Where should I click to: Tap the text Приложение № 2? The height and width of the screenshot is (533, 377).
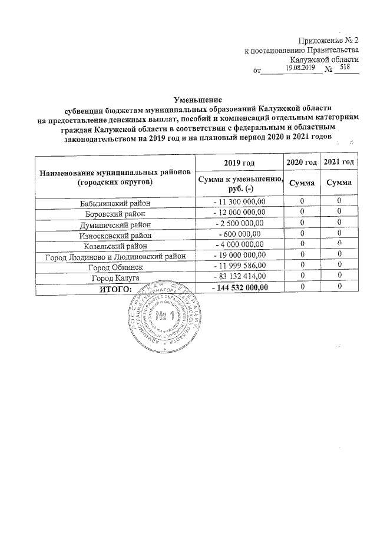click(x=328, y=41)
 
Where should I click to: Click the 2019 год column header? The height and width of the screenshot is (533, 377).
click(x=239, y=162)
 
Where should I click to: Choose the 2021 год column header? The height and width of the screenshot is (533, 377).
click(x=340, y=162)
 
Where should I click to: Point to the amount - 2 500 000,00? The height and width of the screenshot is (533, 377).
click(x=239, y=224)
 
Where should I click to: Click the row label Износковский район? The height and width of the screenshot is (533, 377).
click(x=115, y=234)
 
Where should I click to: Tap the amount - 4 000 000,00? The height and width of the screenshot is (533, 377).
click(x=239, y=245)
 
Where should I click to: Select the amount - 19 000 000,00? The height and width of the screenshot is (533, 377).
click(x=239, y=256)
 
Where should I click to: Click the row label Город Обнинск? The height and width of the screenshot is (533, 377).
click(x=115, y=266)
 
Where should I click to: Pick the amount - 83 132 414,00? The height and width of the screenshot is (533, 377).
click(x=239, y=277)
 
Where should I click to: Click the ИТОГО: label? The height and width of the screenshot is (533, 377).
click(x=115, y=287)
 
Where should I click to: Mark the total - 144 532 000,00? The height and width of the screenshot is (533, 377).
click(x=239, y=287)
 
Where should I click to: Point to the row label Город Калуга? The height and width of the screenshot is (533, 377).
click(x=115, y=277)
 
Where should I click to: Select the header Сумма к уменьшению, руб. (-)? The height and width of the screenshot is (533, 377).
click(x=239, y=183)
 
